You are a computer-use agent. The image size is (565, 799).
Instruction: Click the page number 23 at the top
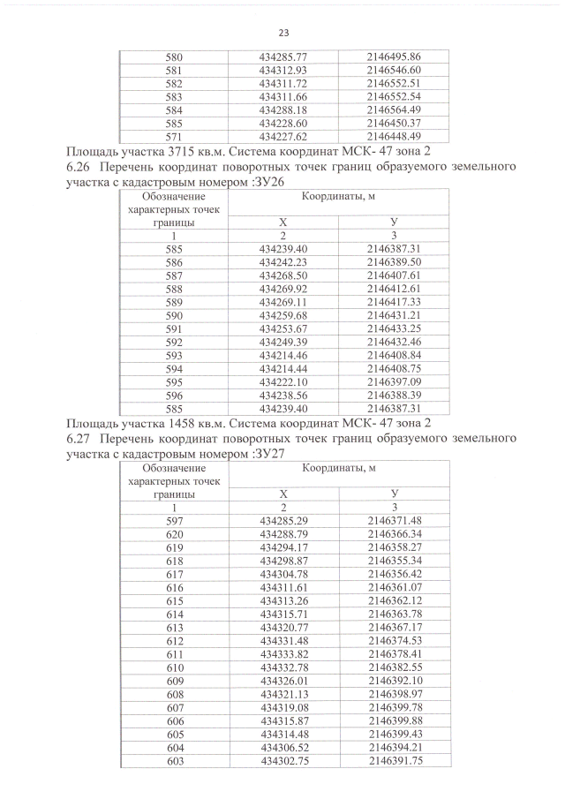[x=283, y=34]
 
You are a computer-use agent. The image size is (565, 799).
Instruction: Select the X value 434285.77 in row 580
[x=283, y=57]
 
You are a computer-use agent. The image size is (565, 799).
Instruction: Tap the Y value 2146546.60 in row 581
[x=395, y=70]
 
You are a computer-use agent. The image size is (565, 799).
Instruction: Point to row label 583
[x=174, y=96]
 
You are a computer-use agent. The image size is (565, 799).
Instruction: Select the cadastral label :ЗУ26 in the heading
[x=257, y=181]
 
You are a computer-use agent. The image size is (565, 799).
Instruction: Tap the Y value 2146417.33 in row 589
[x=395, y=301]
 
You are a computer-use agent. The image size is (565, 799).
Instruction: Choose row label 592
[x=174, y=341]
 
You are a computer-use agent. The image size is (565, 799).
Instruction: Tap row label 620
[x=174, y=534]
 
